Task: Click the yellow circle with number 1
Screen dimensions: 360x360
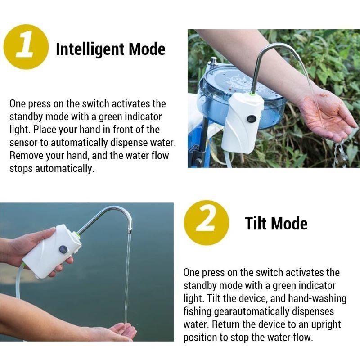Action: click(26, 47)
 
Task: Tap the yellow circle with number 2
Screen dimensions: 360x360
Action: click(206, 222)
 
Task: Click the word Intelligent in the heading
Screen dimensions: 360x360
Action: click(90, 49)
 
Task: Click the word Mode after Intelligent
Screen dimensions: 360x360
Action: click(147, 49)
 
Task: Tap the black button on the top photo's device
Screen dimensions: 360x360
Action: click(252, 119)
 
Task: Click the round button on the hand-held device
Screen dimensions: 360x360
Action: click(63, 250)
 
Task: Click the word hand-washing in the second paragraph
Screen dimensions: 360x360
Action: click(317, 298)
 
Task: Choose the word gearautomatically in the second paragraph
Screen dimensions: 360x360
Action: click(251, 311)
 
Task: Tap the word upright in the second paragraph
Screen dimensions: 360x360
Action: click(326, 324)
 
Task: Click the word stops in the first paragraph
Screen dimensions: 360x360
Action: click(21, 168)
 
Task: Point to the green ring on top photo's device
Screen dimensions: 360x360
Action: click(252, 94)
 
